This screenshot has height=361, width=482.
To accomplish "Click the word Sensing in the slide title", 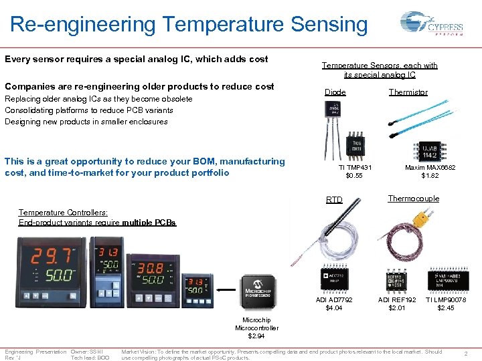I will coord(329,25).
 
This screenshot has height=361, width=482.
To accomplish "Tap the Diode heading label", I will coord(335,92).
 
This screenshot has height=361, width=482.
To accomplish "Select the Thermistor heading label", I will coord(408,92).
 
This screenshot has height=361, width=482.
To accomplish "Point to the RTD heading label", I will coord(334,200).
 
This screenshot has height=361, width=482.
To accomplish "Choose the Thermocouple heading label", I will coord(414,199).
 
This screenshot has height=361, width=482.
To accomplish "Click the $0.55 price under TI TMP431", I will coord(354,176).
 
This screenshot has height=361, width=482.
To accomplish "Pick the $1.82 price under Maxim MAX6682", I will coord(430,176).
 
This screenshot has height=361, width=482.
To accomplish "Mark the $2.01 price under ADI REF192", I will coord(397,308).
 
